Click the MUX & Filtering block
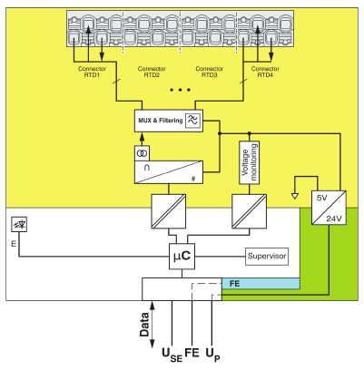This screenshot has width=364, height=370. [x=169, y=121]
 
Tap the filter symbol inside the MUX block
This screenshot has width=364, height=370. [x=193, y=121]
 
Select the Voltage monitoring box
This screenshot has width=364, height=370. [x=250, y=162]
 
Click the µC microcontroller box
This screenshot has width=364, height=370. [x=182, y=257]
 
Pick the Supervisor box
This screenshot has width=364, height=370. [x=267, y=257]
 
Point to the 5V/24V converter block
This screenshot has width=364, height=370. [x=329, y=208]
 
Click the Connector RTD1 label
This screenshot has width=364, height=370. [x=92, y=72]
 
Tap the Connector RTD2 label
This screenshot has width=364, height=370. [x=152, y=72]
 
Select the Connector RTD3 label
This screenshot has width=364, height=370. [x=210, y=72]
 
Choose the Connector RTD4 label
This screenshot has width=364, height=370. [x=265, y=72]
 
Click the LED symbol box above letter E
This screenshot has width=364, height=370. [x=19, y=225]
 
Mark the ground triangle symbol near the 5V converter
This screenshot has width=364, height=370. [x=295, y=196]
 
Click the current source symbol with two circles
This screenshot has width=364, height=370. [x=142, y=153]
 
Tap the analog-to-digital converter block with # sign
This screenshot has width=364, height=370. [x=169, y=172]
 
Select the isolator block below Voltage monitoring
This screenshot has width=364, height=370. [x=250, y=211]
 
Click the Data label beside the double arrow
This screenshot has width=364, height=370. [x=144, y=325]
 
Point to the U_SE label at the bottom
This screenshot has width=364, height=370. [x=172, y=355]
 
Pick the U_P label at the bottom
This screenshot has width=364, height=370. [x=213, y=355]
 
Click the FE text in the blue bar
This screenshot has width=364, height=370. [x=234, y=284]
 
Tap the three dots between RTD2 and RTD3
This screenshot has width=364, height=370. [x=181, y=90]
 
